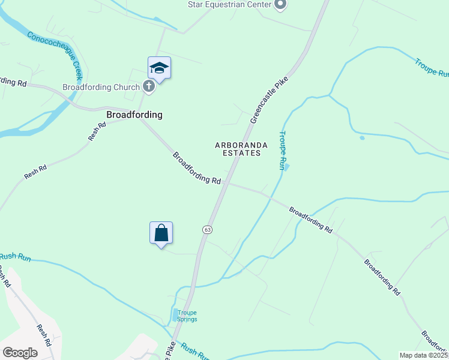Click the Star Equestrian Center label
229,5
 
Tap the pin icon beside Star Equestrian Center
280,5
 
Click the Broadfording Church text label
101,87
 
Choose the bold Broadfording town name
134,114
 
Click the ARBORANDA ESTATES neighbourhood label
238,149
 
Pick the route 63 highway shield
207,229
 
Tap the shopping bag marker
161,233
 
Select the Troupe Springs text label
187,316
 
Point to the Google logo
20,352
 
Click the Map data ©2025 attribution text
423,355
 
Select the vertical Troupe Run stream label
282,151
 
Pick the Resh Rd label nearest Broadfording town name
97,131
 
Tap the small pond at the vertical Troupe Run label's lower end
287,166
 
